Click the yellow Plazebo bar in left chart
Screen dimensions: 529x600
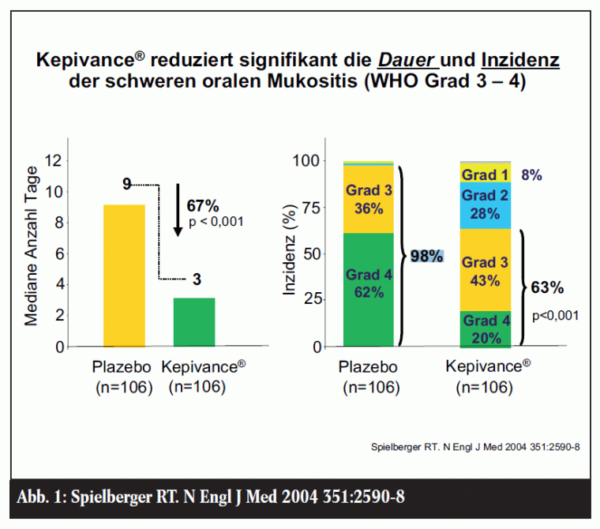[x=124, y=275]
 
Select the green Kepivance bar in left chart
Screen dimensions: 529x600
[x=194, y=321]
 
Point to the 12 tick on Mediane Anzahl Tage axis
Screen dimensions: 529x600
[x=54, y=161]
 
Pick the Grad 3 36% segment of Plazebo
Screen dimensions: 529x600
[x=368, y=199]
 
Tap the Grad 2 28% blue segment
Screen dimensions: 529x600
[x=485, y=204]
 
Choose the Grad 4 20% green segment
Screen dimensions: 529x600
[x=485, y=329]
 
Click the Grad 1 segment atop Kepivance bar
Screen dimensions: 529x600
[x=485, y=174]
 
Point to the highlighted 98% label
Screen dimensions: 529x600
[x=427, y=256]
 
